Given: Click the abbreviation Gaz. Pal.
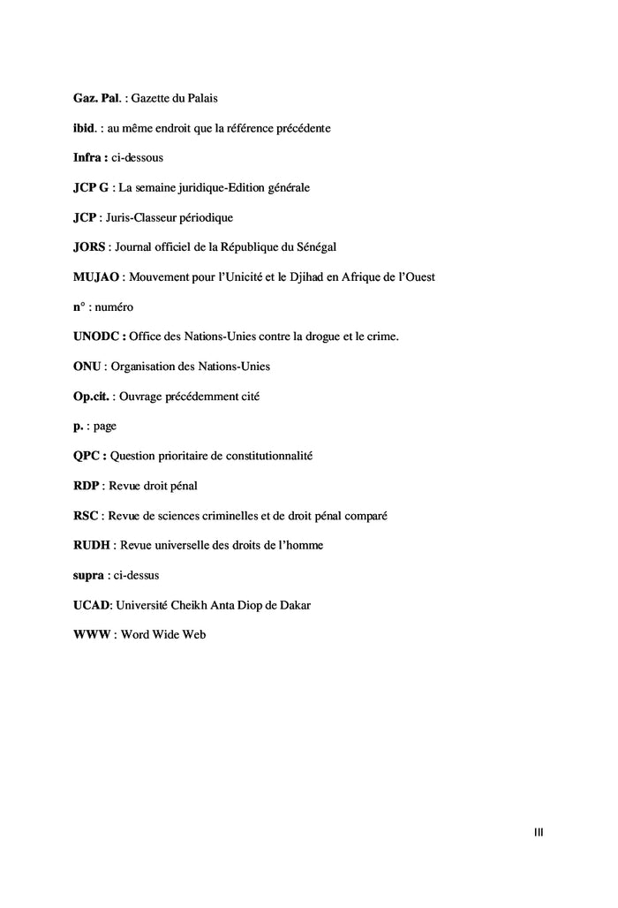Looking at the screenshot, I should click(x=96, y=98).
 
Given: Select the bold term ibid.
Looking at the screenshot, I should click(x=83, y=128).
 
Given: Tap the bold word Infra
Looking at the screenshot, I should click(x=87, y=157).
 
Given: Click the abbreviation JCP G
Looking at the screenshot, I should click(x=91, y=187).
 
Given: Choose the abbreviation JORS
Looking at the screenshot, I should click(x=90, y=246).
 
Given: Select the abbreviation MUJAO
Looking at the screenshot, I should click(x=96, y=276).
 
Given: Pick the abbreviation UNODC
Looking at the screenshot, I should click(x=97, y=336).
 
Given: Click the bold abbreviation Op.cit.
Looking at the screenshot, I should click(x=91, y=396).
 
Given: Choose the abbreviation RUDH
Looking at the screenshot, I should click(x=92, y=544).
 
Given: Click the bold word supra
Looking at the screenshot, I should click(x=88, y=574).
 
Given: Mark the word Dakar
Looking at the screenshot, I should click(x=293, y=604).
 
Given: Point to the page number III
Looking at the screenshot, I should click(x=539, y=831).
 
